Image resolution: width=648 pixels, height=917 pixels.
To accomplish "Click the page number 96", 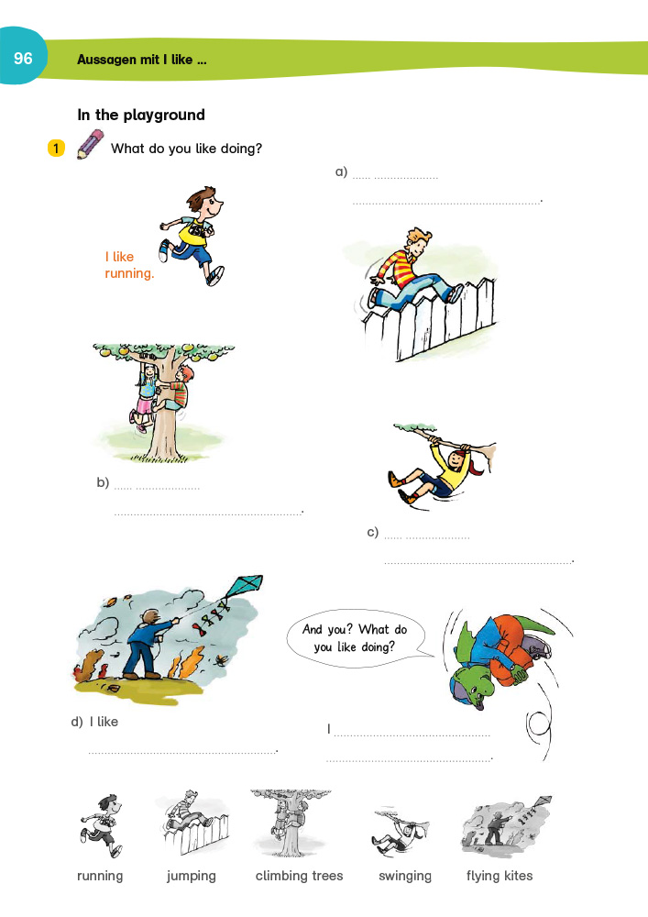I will (23, 59).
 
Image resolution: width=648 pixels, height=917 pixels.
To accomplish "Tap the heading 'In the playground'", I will (141, 115).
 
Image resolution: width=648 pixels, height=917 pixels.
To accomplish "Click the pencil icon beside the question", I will (90, 145).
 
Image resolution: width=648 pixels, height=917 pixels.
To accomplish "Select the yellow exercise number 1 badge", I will (56, 148).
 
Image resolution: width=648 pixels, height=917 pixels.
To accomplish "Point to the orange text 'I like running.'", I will (129, 265).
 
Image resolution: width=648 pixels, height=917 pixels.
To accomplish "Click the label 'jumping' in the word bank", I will (192, 876).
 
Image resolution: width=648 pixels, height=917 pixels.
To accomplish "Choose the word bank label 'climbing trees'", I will (299, 876).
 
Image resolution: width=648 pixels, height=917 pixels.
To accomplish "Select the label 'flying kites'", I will (499, 876).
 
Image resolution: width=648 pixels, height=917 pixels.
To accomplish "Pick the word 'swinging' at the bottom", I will (405, 876).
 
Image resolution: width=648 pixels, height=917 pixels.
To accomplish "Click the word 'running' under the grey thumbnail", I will (100, 876).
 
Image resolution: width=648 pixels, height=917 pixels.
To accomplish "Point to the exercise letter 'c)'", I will (373, 532).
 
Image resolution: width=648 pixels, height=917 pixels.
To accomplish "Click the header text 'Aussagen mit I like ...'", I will (142, 60).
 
